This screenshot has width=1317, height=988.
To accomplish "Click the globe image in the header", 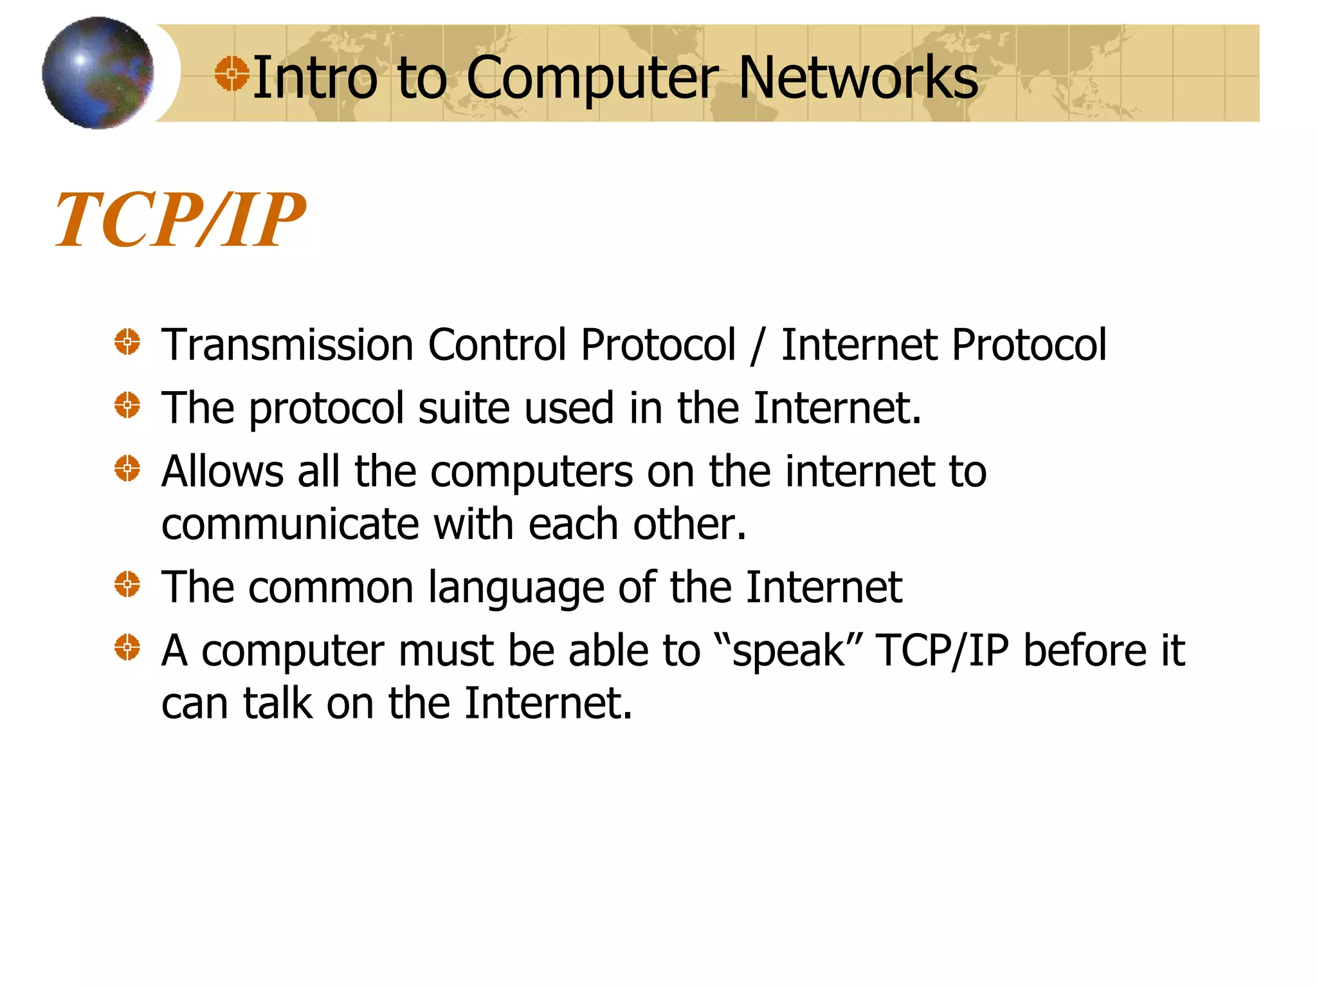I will (x=98, y=73).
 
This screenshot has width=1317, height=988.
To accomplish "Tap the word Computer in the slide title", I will (x=592, y=78).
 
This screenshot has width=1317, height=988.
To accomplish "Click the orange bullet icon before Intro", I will (x=232, y=73).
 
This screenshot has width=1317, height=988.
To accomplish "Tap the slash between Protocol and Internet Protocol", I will (x=758, y=346).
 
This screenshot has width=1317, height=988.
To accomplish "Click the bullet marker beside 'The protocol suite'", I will (x=127, y=405).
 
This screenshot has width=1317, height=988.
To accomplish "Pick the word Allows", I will (x=223, y=471).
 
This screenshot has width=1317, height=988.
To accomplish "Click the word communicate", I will (x=290, y=524).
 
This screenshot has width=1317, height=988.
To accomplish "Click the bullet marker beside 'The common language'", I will (x=127, y=584).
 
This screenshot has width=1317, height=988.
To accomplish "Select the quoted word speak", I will (x=788, y=651).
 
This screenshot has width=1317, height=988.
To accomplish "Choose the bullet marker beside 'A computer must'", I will (x=127, y=647).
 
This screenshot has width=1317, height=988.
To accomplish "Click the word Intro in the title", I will (x=315, y=78).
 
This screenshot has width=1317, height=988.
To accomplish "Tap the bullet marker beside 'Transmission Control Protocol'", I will (x=127, y=342).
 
